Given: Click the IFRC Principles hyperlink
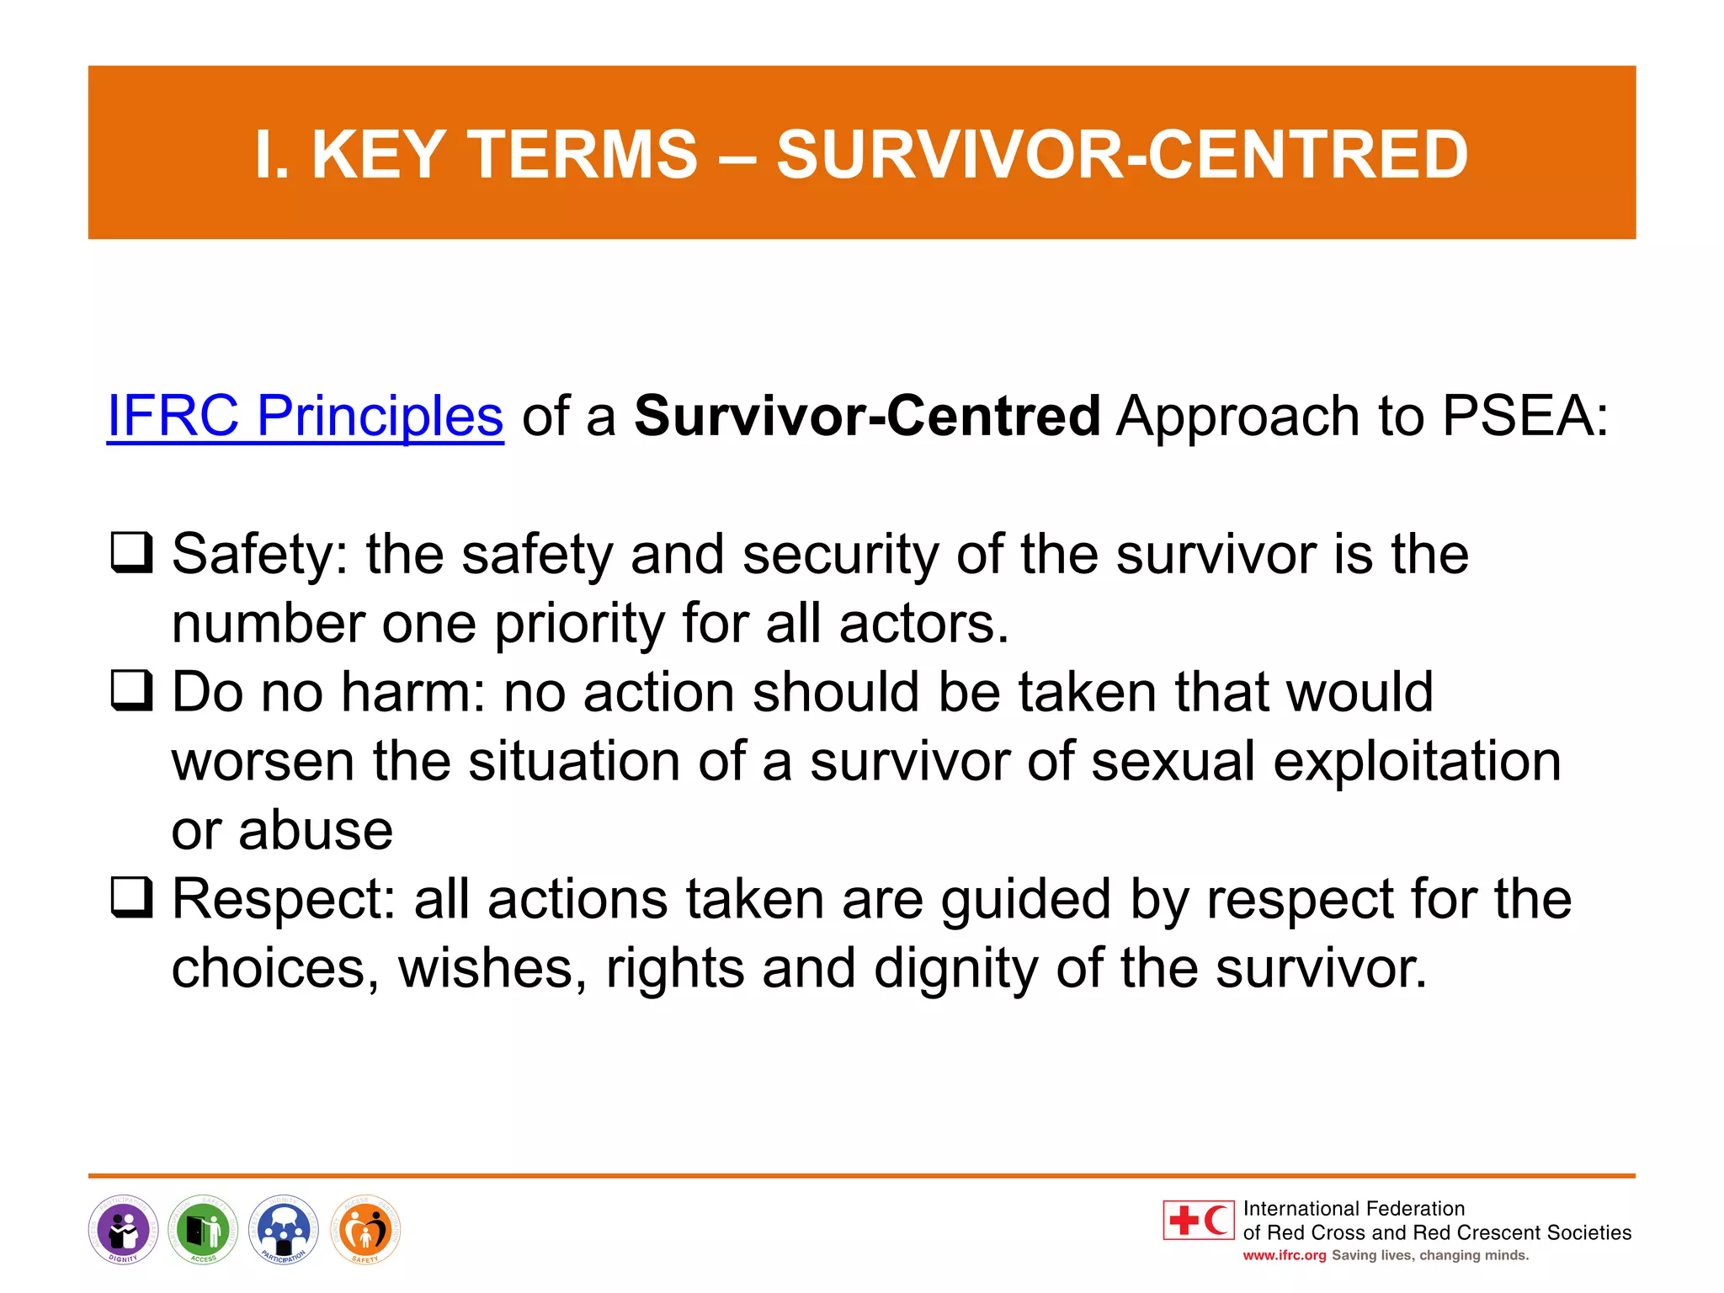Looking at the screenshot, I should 305,416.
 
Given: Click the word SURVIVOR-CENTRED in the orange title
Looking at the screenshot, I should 1122,155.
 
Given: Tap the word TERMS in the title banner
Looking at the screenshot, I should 583,155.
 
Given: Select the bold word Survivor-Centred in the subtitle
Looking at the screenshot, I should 867,416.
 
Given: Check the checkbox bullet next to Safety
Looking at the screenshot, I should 132,553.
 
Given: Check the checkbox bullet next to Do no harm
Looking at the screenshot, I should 132,690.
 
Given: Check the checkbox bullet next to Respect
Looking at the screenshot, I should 132,897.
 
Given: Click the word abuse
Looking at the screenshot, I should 316,831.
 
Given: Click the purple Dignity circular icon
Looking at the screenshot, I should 123,1230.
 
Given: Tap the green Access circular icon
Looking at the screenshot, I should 203,1230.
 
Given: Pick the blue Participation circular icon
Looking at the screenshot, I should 284,1230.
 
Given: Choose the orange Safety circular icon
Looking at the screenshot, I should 364,1230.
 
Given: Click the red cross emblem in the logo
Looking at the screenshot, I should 1184,1220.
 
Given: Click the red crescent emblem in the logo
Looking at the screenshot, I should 1216,1220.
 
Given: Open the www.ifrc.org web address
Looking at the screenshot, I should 1284,1256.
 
